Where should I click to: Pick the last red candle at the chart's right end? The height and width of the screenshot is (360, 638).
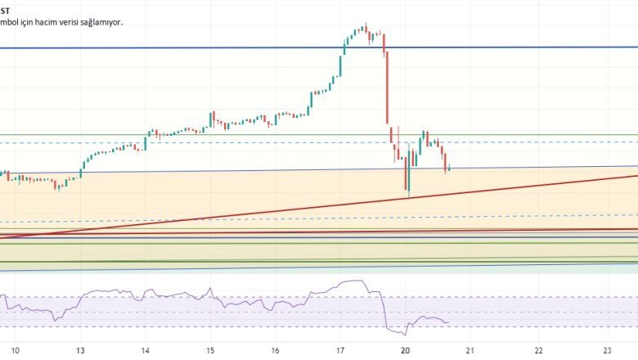(447, 164)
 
